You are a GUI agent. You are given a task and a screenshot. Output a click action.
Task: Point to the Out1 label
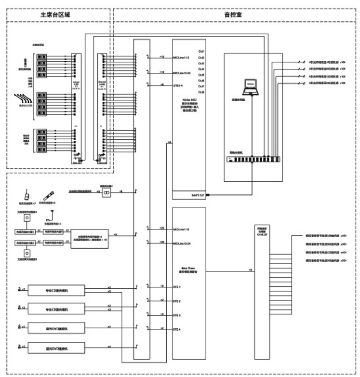tap(201, 51)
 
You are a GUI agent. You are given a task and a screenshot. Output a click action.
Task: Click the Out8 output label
tap(201, 92)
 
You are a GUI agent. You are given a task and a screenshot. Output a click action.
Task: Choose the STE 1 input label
tap(177, 287)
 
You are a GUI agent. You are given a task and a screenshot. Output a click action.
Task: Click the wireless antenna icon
tap(51, 214)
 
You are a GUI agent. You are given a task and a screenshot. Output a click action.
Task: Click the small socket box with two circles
tap(109, 192)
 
